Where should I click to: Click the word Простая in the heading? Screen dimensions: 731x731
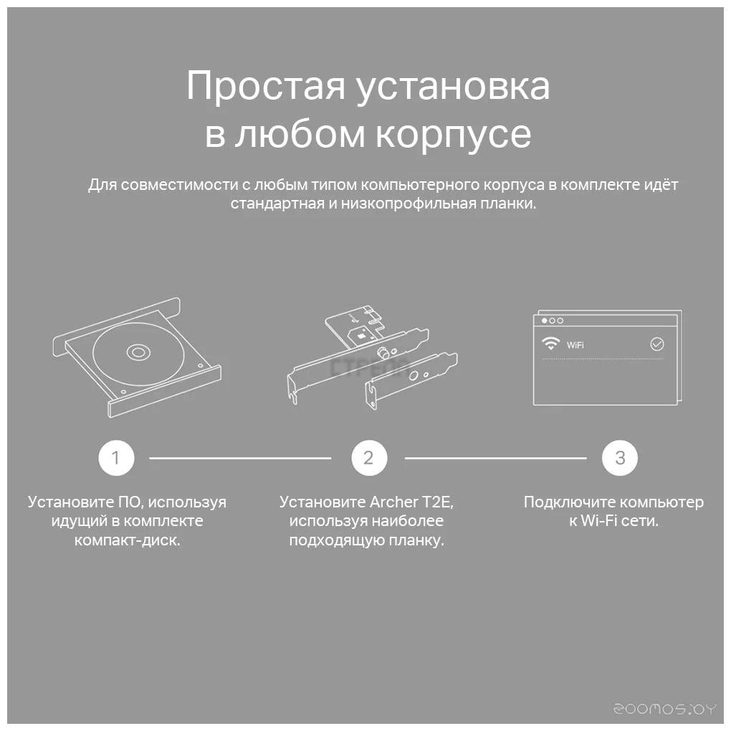[x=266, y=87]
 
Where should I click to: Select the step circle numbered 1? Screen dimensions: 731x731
[x=116, y=458]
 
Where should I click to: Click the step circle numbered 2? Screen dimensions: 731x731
[x=369, y=458]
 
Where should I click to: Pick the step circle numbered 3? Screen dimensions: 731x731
[x=620, y=458]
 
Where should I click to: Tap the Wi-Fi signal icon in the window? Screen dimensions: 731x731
[x=550, y=343]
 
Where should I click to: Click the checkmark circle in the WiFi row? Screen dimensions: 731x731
[x=657, y=345]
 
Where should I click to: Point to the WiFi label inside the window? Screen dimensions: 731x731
[x=575, y=345]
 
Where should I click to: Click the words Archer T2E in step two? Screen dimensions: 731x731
[x=411, y=502]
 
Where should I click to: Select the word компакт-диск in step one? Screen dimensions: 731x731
[x=127, y=540]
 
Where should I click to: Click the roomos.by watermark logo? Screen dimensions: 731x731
[x=664, y=709]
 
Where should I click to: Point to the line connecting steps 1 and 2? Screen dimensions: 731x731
[x=240, y=458]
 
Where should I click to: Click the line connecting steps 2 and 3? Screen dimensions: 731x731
[x=495, y=458]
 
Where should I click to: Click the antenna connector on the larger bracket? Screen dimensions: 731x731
[x=384, y=353]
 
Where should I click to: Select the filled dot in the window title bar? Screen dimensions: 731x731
[x=544, y=321]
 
